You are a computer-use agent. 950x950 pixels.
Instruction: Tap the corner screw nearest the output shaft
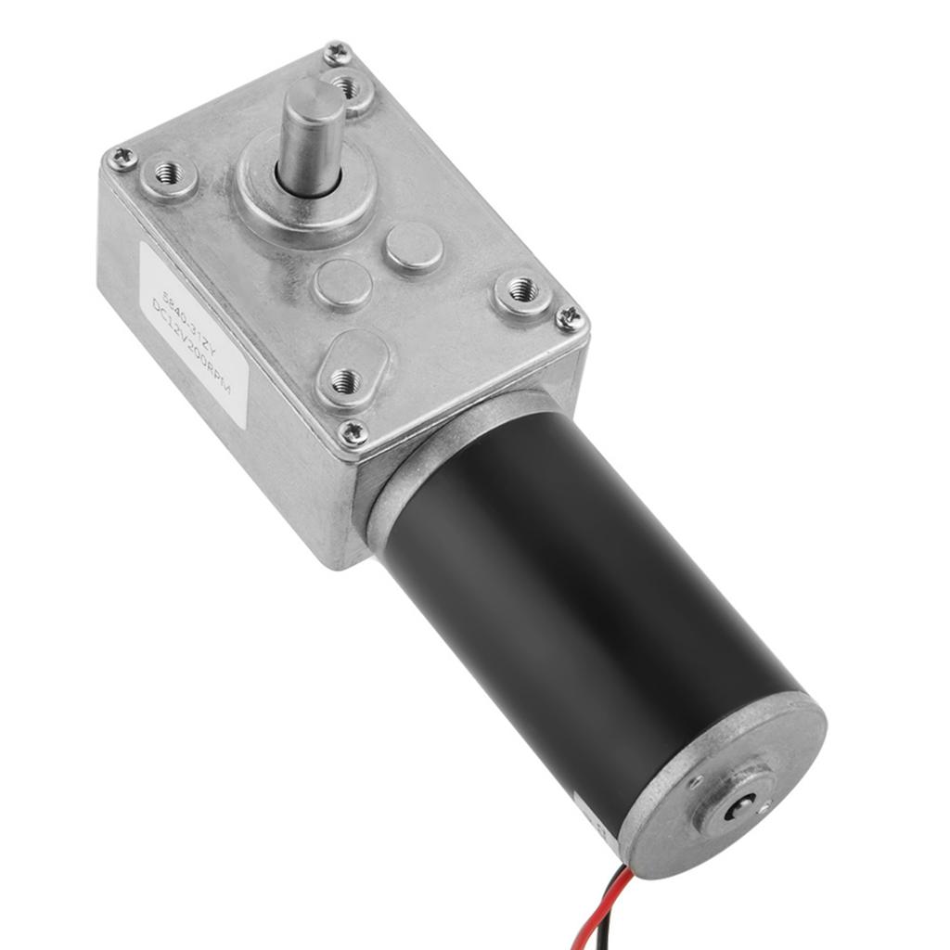tap(338, 54)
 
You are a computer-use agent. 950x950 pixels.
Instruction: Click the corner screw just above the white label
tap(121, 159)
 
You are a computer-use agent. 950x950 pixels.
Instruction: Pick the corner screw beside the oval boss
tap(353, 432)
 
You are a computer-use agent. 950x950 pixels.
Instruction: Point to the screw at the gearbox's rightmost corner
tap(570, 319)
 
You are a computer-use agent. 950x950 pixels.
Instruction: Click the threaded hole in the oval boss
tap(345, 379)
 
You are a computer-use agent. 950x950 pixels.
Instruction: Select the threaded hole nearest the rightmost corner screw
tap(522, 290)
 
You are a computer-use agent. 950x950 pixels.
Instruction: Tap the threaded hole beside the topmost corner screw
tap(348, 88)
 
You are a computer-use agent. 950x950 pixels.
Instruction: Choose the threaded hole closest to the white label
tap(168, 173)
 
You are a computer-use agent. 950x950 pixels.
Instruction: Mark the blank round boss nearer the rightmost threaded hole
tap(414, 246)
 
